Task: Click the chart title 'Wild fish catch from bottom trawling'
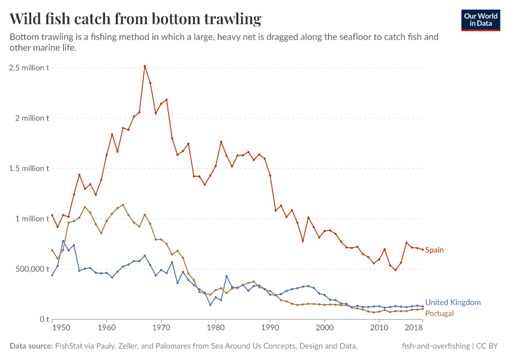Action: point(136,19)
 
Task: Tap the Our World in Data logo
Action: point(480,20)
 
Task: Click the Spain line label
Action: point(434,250)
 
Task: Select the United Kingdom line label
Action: point(452,302)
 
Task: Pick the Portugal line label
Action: point(439,313)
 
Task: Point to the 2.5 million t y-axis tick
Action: point(29,68)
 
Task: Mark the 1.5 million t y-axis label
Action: point(29,169)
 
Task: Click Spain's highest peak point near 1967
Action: point(145,66)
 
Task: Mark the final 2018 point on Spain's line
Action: point(422,250)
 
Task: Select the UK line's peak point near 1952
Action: point(63,241)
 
